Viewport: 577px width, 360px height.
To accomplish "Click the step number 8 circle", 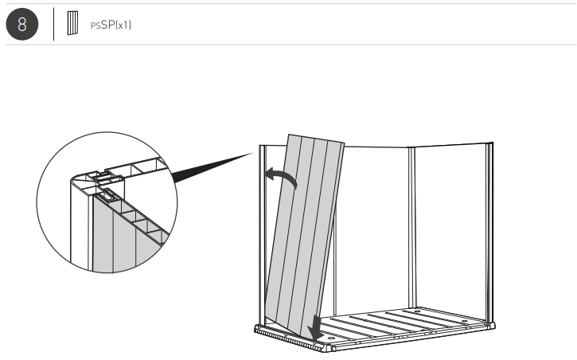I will pyautogui.click(x=22, y=25).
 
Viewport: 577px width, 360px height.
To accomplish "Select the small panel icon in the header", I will pyautogui.click(x=73, y=24).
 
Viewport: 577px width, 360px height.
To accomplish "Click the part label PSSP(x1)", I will pyautogui.click(x=111, y=25).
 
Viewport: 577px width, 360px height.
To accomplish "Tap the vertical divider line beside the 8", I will pyautogui.click(x=54, y=25).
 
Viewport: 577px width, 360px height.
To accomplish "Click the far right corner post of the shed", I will pyautogui.click(x=490, y=231).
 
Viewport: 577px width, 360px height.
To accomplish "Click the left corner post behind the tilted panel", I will pyautogui.click(x=260, y=231).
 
